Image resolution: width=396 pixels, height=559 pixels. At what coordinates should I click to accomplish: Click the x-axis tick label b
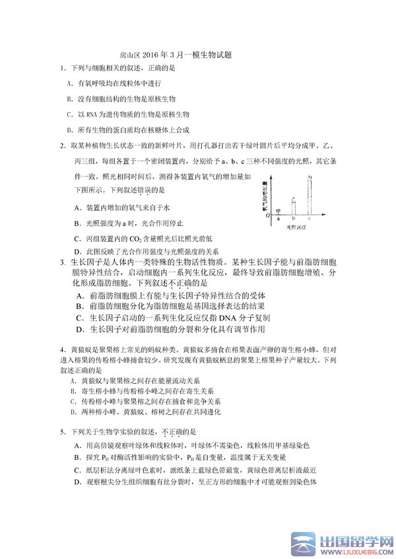(x=294, y=218)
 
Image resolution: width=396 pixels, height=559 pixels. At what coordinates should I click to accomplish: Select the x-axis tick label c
(x=310, y=218)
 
